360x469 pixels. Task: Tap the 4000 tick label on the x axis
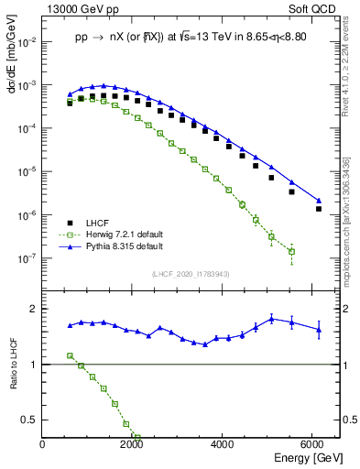[x=223, y=444]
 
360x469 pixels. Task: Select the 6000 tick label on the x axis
[x=312, y=444]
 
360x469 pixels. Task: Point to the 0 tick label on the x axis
[x=43, y=444]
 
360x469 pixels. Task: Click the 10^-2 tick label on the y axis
[x=27, y=42]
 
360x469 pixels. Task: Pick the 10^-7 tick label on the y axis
[x=27, y=258]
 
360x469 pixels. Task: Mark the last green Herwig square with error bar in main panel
[x=291, y=251]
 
